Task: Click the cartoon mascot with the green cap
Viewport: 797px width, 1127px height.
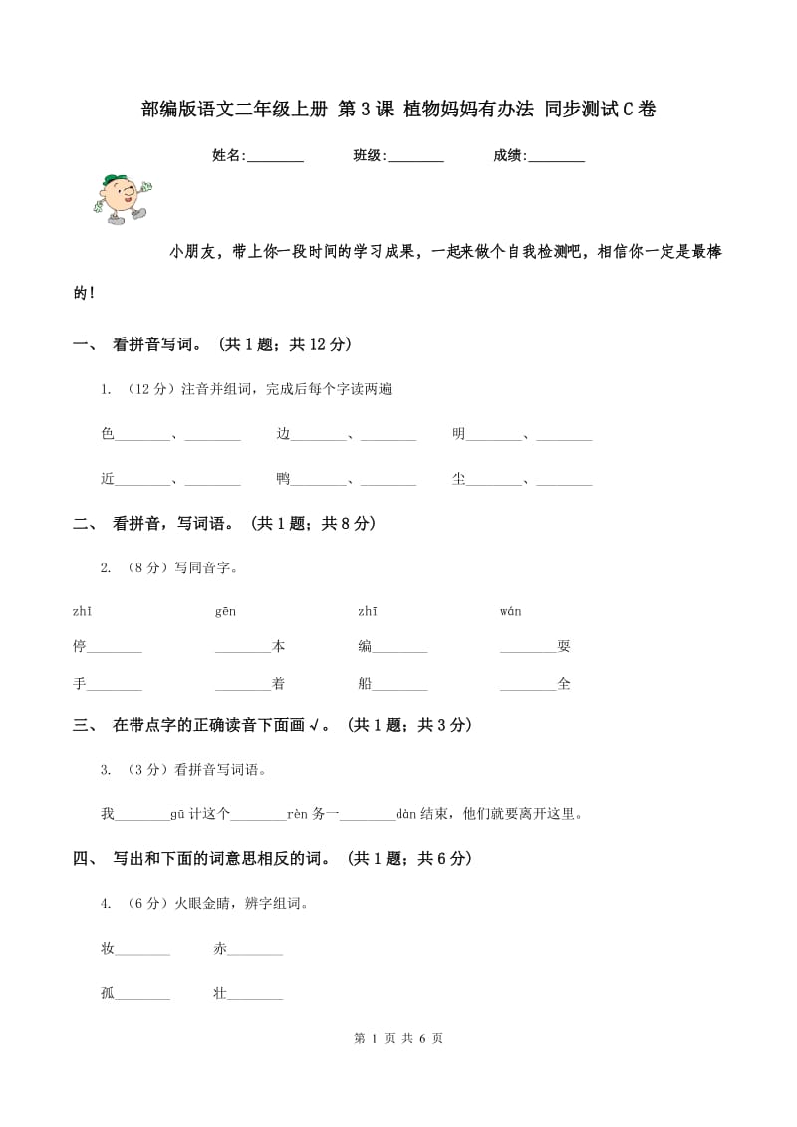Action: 120,197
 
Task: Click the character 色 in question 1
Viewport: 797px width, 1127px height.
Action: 108,434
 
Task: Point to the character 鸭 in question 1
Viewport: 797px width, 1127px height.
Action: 283,479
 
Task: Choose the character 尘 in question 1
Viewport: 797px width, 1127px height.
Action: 458,479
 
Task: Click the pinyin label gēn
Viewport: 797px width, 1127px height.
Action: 225,611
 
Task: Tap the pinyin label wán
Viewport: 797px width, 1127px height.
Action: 510,611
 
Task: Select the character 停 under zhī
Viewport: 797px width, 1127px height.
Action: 80,646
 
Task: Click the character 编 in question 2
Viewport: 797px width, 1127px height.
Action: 365,646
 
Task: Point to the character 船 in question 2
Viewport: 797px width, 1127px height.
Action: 365,684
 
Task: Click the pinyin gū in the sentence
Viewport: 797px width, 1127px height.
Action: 178,814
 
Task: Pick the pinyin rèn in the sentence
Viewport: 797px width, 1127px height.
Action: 298,814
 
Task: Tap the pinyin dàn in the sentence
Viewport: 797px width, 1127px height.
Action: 405,814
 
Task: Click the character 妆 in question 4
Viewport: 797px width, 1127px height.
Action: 108,949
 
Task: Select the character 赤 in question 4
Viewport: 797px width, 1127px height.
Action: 220,949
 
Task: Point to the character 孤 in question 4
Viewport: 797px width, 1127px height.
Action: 108,993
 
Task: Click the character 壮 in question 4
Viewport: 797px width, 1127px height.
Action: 220,993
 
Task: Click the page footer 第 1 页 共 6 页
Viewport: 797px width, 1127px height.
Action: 398,1038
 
